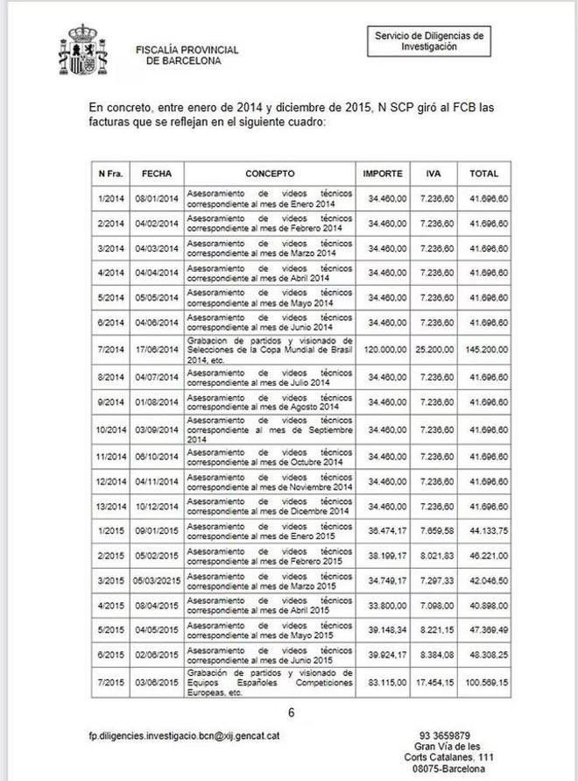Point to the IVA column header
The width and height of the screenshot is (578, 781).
pos(433,174)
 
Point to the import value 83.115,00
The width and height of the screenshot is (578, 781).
pos(385,682)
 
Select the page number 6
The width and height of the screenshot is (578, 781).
pos(292,713)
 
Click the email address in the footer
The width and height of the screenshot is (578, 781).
pos(184,738)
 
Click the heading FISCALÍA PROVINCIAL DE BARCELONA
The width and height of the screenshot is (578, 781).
pos(179,55)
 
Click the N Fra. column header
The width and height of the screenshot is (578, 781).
pos(111,174)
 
